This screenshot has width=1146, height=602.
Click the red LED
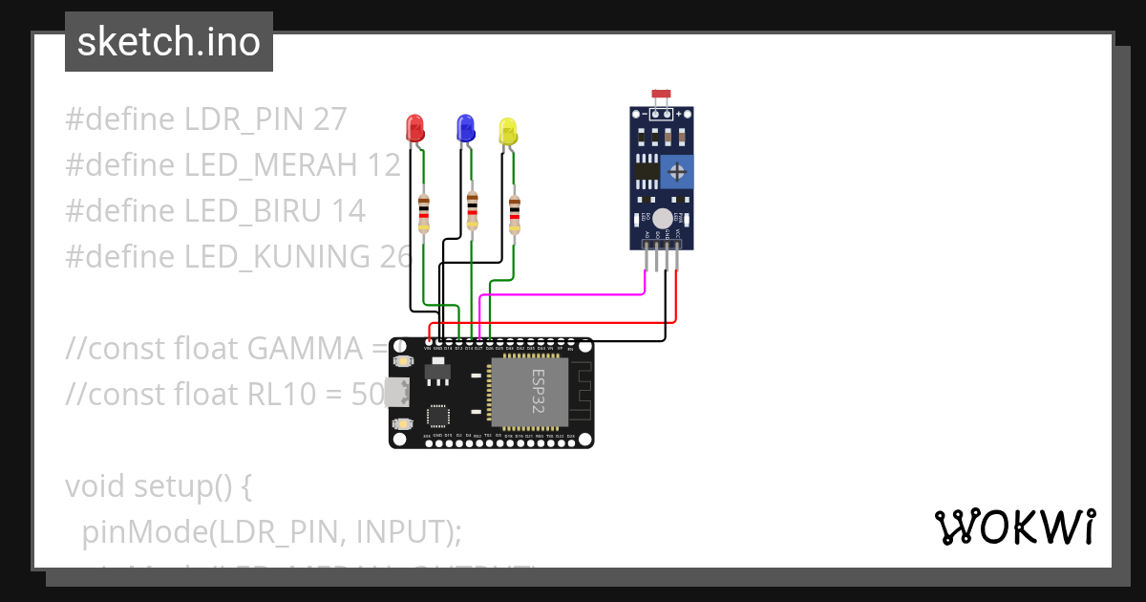(415, 128)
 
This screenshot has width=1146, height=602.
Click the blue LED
(465, 128)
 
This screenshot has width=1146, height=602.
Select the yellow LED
(508, 132)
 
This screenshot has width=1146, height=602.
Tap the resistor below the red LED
(424, 212)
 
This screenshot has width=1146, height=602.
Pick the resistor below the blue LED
(472, 209)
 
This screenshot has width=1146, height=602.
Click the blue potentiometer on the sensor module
(677, 172)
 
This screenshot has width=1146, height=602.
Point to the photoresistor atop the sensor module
(661, 95)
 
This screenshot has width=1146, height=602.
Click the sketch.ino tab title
(169, 42)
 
